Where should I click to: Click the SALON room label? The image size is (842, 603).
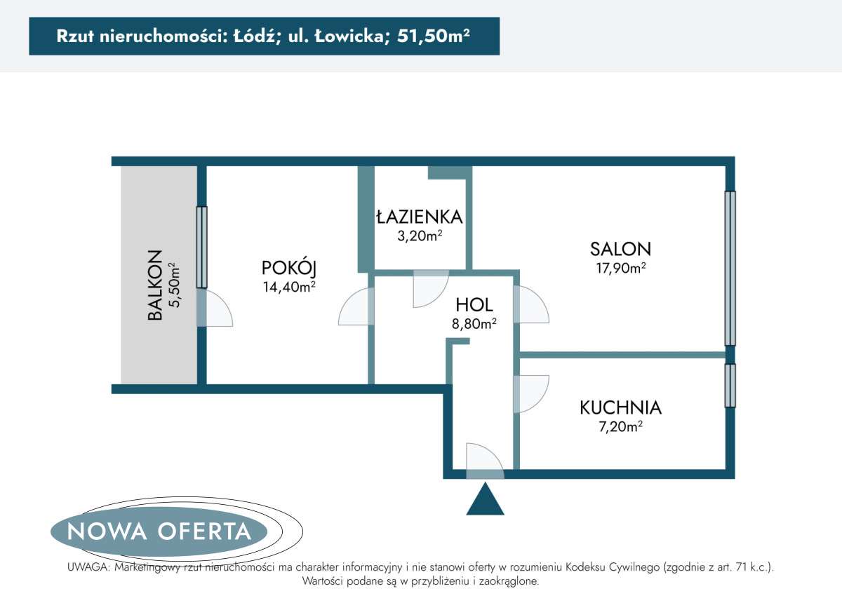[620, 248]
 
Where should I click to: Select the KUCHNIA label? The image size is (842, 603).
[620, 407]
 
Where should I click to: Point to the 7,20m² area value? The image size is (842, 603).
[620, 426]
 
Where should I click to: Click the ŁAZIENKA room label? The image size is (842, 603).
[419, 217]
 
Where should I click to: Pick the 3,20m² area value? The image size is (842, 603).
[419, 236]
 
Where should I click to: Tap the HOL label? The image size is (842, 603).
[474, 304]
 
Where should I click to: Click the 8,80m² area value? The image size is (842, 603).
[474, 323]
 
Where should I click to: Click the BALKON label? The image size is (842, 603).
[155, 285]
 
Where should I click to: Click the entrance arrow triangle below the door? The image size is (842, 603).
[485, 500]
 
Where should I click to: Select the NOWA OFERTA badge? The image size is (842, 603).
[159, 531]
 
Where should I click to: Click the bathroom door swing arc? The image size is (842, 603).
[429, 287]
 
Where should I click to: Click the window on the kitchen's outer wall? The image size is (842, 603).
[730, 385]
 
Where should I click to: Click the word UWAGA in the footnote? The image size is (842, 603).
[86, 567]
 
